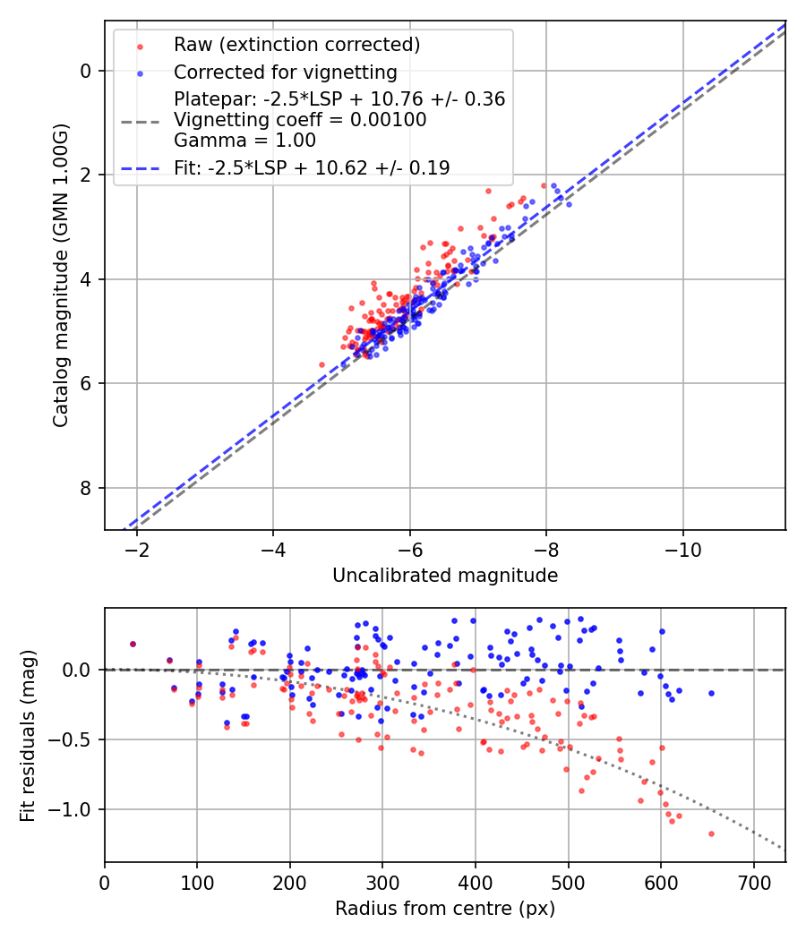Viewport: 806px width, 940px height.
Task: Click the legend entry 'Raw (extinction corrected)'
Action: pyautogui.click(x=296, y=45)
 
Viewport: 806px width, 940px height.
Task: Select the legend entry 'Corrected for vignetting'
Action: pyautogui.click(x=285, y=72)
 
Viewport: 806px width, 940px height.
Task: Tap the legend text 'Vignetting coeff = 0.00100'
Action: pyautogui.click(x=300, y=120)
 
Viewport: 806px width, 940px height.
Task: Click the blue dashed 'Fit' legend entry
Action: pyautogui.click(x=312, y=167)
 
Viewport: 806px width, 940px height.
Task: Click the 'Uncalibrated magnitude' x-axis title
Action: pyautogui.click(x=445, y=576)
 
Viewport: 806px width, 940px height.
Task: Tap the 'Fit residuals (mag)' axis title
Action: pyautogui.click(x=28, y=735)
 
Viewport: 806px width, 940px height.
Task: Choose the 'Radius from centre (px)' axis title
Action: pyautogui.click(x=445, y=909)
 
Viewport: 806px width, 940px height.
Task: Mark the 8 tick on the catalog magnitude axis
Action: pyautogui.click(x=86, y=488)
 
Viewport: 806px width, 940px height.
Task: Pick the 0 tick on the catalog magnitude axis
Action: pyautogui.click(x=86, y=71)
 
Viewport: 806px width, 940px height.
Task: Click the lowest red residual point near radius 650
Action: pyautogui.click(x=711, y=833)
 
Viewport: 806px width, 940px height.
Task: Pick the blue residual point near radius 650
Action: pyautogui.click(x=711, y=693)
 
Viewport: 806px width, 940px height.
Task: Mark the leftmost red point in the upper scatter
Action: pyautogui.click(x=322, y=364)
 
